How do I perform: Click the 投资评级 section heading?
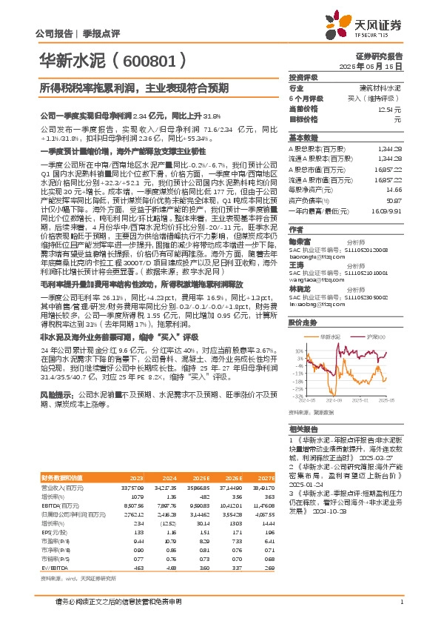pos(303,77)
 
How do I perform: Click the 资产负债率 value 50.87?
pos(394,200)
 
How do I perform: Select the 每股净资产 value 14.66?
pos(394,190)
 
